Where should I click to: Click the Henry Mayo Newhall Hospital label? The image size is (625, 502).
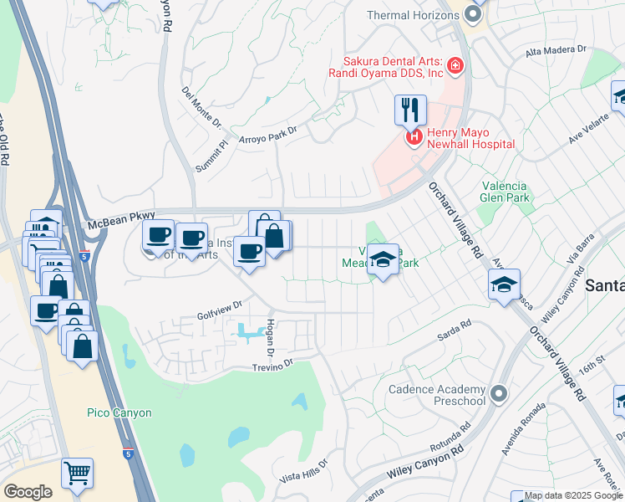pyautogui.click(x=470, y=138)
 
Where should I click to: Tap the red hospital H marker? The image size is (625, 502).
pyautogui.click(x=413, y=136)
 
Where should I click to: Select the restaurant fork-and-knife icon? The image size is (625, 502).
pyautogui.click(x=410, y=109)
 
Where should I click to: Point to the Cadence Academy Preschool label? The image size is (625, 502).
pyautogui.click(x=437, y=395)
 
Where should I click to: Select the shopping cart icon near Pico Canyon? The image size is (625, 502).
pyautogui.click(x=77, y=473)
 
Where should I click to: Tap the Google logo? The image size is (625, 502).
pyautogui.click(x=28, y=492)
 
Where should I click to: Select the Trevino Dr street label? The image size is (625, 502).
pyautogui.click(x=274, y=365)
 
